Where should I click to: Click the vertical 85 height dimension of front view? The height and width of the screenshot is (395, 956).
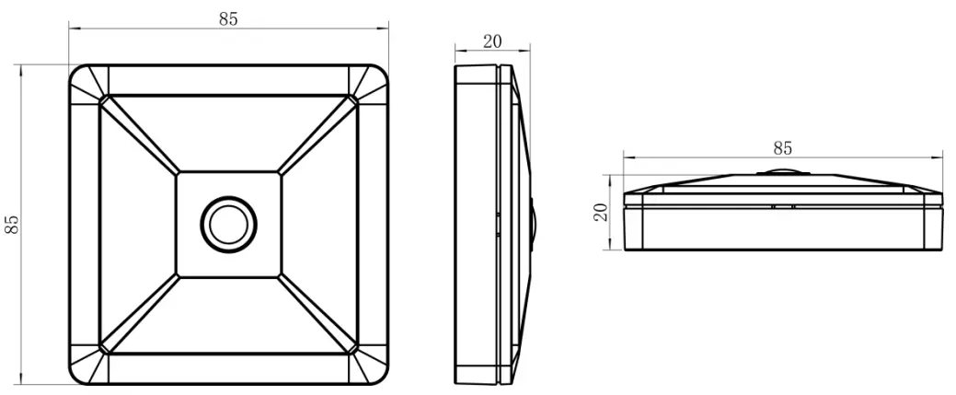click(x=12, y=225)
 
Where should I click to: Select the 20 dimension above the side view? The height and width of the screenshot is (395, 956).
click(x=492, y=41)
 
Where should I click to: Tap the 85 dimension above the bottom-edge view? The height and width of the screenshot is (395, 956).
click(x=782, y=147)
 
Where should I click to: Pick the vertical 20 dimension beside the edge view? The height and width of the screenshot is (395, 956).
click(x=599, y=213)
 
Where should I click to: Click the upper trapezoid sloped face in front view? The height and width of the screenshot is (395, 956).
click(x=228, y=134)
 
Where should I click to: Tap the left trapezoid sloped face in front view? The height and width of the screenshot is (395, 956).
click(x=138, y=224)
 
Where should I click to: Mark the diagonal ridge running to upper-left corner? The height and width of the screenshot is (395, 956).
click(x=138, y=134)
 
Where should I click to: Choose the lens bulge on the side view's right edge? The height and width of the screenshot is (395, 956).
click(x=533, y=224)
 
